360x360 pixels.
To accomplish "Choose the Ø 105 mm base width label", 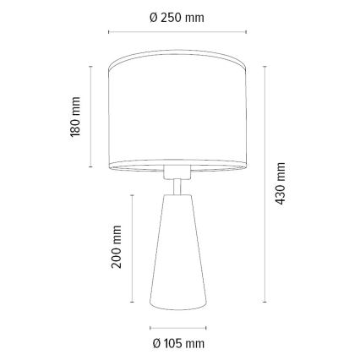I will pyautogui.click(x=178, y=344).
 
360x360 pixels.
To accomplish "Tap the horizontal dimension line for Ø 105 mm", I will pyautogui.click(x=178, y=328).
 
